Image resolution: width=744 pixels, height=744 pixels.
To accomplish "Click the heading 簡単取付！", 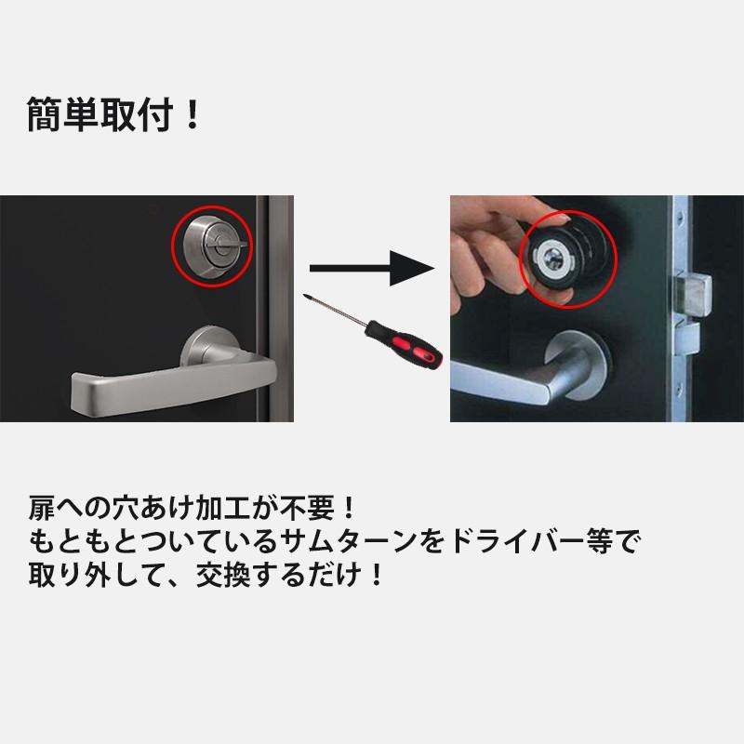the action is [x=113, y=113].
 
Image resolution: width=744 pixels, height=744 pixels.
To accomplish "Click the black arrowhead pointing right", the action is [x=411, y=269].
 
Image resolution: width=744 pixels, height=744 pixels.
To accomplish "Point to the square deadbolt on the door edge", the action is [x=693, y=294].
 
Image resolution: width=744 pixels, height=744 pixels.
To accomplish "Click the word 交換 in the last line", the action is [x=223, y=575].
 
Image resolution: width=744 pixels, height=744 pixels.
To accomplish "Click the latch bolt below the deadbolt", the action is [x=687, y=339].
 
